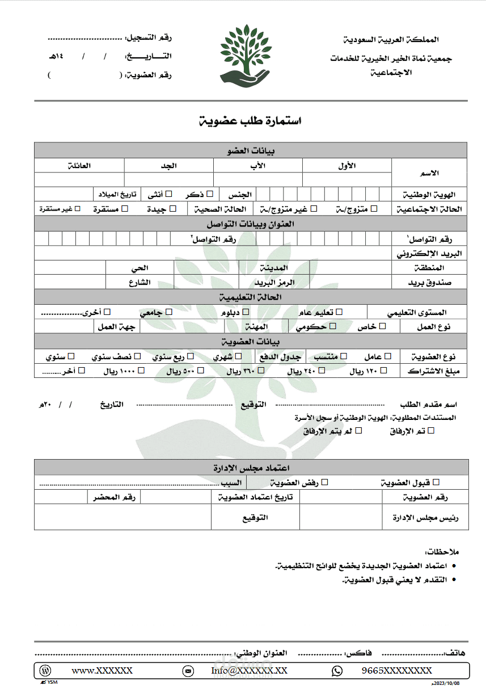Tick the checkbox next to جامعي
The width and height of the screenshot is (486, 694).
tap(168, 312)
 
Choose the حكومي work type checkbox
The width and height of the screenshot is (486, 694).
tap(333, 326)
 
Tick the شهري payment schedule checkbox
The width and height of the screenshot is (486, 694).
tap(239, 356)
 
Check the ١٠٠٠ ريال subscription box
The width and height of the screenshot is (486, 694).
tap(141, 371)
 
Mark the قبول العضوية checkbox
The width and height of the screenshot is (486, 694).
tap(436, 482)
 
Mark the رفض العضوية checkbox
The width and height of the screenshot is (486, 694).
tap(325, 482)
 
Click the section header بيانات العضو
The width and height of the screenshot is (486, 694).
tap(251, 150)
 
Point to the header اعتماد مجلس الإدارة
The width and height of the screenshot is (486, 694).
tap(251, 468)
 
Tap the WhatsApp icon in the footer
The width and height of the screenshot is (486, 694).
tap(337, 671)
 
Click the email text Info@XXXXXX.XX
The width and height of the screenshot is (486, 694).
tap(249, 671)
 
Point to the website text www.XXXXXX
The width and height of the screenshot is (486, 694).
tap(102, 671)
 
